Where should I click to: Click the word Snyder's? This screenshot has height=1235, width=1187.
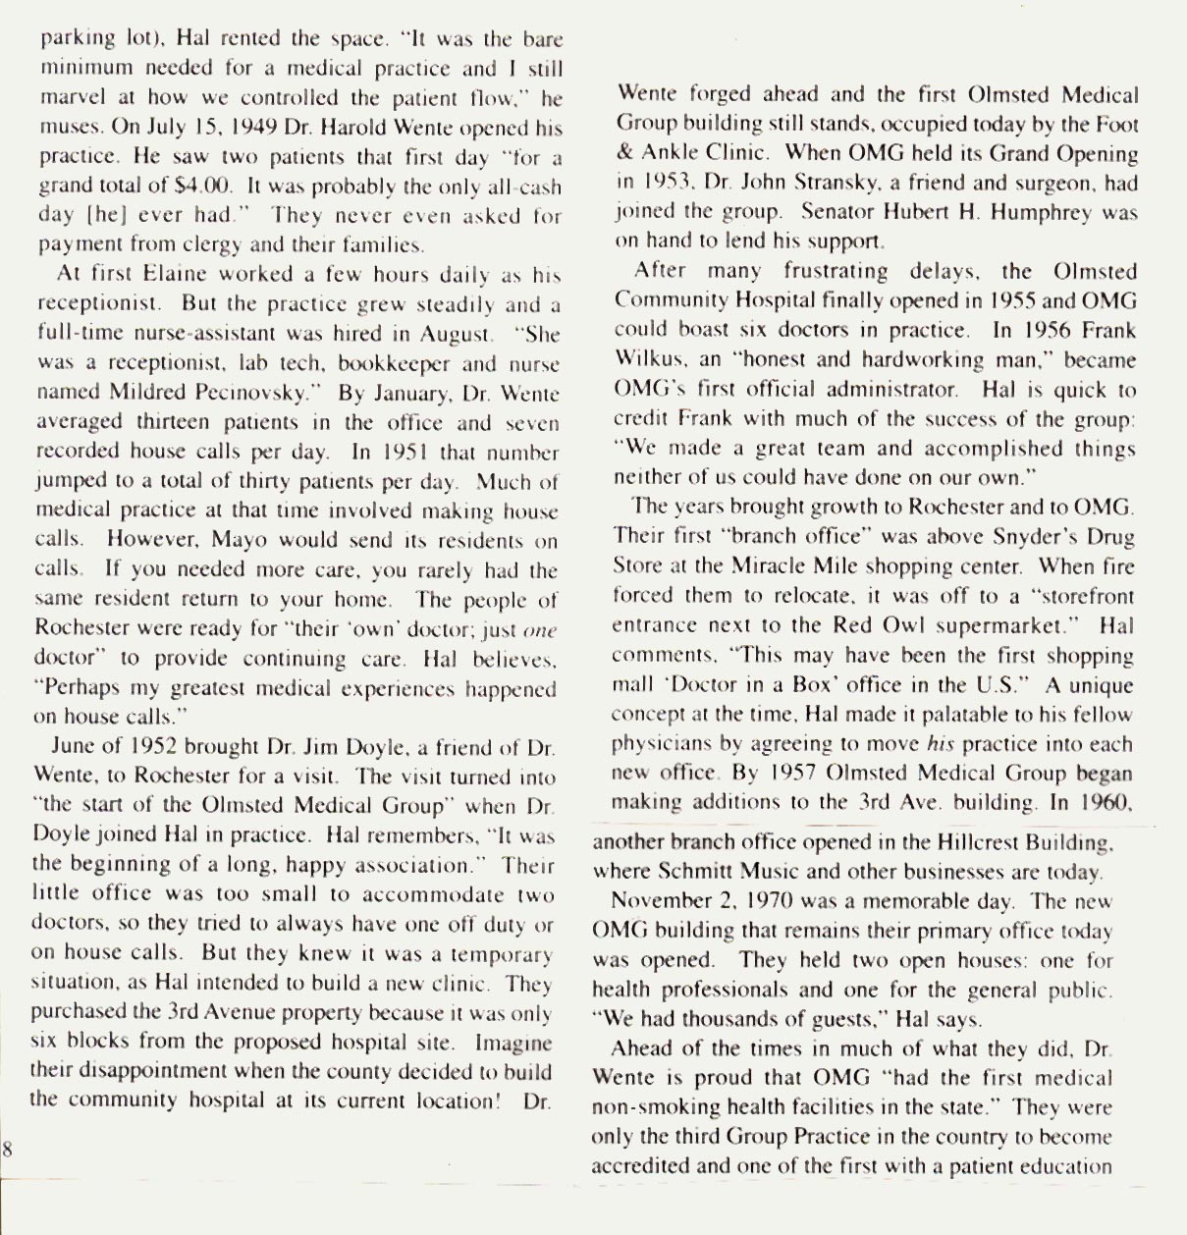[x=1023, y=537]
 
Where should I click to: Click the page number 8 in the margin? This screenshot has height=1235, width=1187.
[x=6, y=1149]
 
